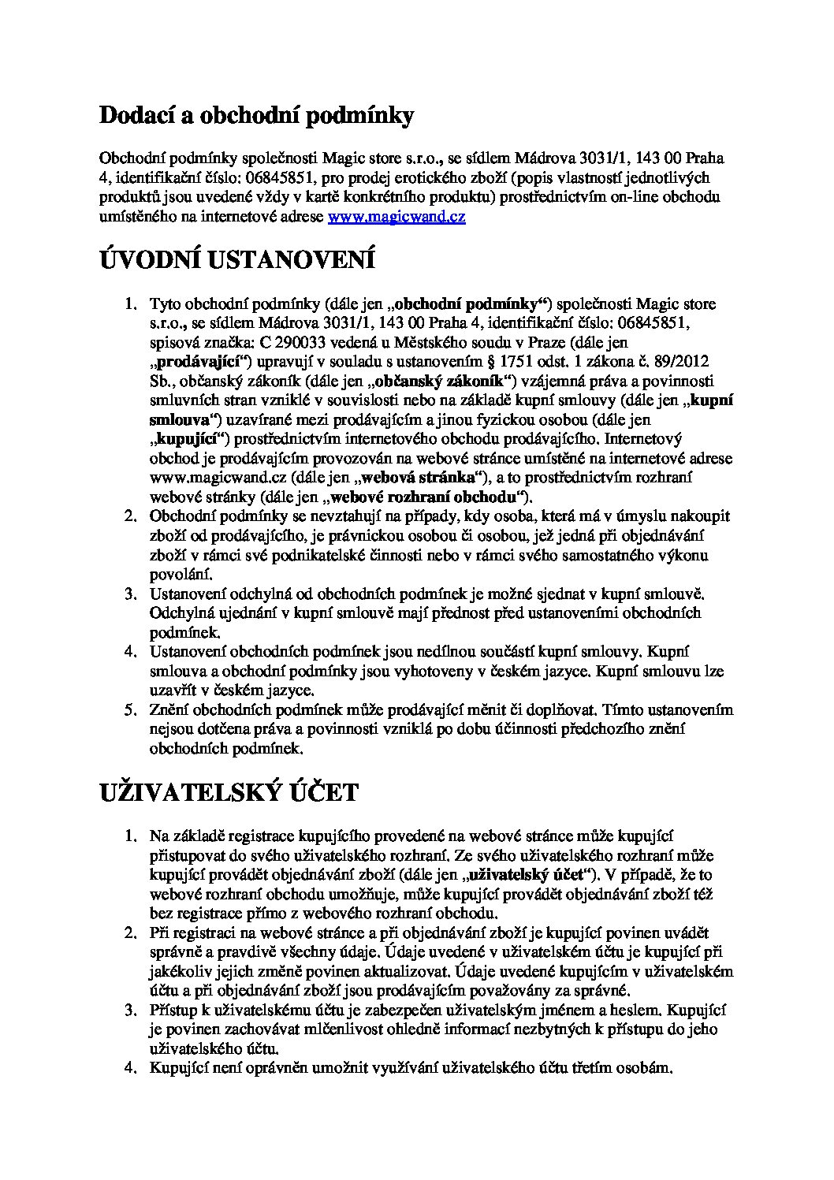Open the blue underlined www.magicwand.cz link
(396, 217)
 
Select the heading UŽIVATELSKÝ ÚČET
(229, 791)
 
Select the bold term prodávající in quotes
(199, 362)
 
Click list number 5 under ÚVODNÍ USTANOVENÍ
(131, 710)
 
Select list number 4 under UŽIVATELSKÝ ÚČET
(131, 1070)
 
